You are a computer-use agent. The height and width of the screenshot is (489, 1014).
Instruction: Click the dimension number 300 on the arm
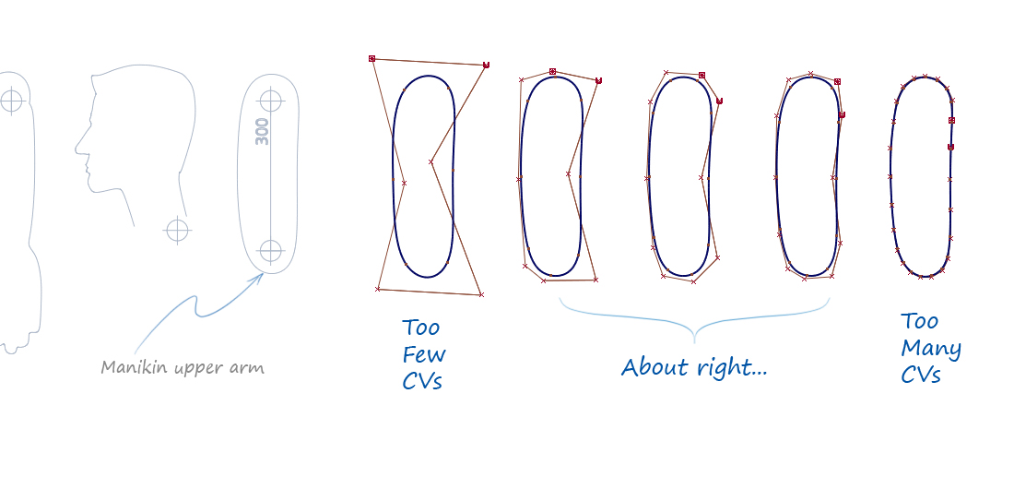click(x=263, y=131)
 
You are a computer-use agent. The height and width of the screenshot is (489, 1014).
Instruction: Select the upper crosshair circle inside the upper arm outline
click(x=270, y=100)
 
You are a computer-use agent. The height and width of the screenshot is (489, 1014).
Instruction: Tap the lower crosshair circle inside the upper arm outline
click(x=270, y=250)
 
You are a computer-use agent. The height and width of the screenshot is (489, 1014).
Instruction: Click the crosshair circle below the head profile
click(x=177, y=229)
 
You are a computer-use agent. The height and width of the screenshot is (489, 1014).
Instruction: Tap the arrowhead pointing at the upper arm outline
click(x=260, y=275)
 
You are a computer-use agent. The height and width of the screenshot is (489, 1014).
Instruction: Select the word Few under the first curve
click(x=423, y=354)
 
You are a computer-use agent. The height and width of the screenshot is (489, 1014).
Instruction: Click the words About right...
click(x=693, y=367)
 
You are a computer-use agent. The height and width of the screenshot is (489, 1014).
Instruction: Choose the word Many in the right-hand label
click(x=931, y=349)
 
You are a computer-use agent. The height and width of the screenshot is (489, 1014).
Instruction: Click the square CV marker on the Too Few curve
click(x=372, y=58)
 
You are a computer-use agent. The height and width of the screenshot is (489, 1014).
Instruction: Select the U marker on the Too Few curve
click(x=486, y=65)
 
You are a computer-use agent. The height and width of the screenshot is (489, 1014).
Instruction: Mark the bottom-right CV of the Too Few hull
click(x=481, y=294)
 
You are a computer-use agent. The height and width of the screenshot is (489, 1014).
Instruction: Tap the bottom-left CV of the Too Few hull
click(x=378, y=289)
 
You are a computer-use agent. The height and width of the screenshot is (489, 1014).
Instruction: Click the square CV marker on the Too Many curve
click(x=951, y=120)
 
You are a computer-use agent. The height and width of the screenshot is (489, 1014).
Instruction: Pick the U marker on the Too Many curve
click(x=950, y=147)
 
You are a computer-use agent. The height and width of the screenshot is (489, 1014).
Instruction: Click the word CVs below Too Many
click(x=921, y=375)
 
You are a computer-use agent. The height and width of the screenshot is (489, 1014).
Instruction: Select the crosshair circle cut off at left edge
click(x=10, y=100)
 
